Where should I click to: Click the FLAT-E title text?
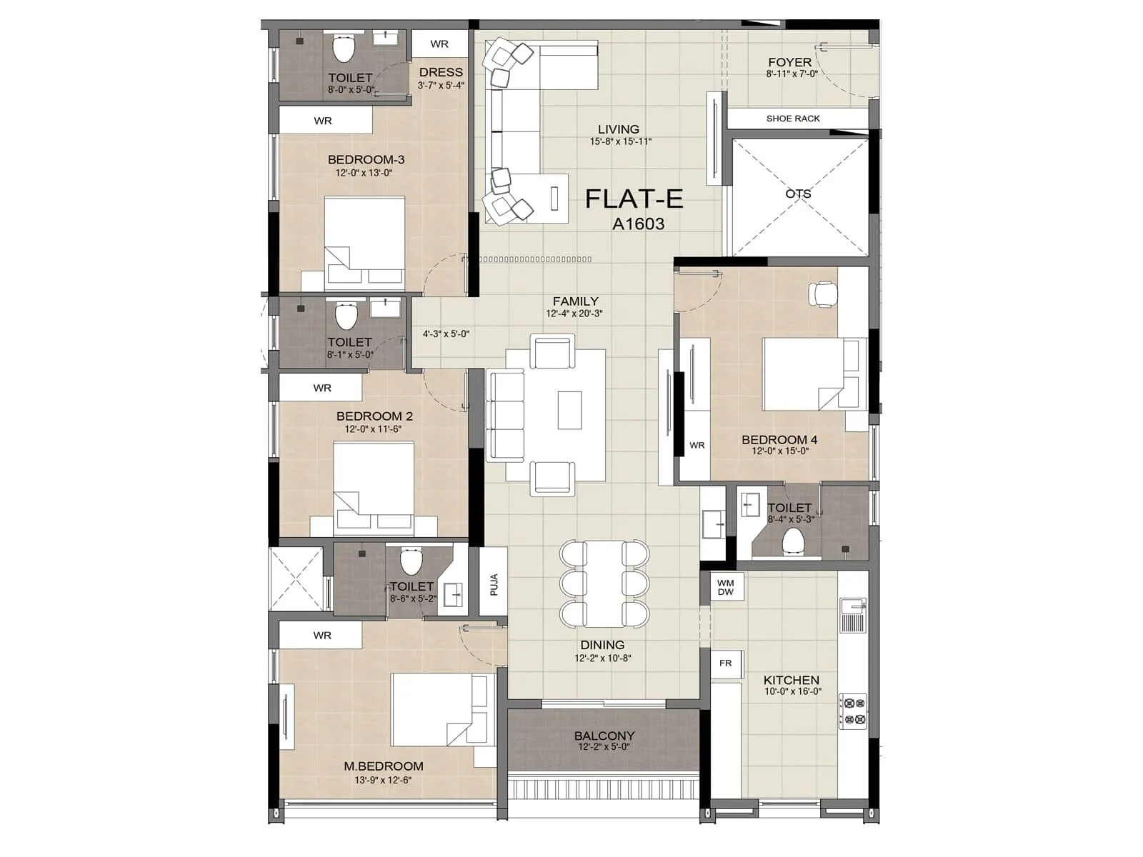tap(634, 199)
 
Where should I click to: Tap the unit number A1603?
tap(638, 224)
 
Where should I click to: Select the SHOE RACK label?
tap(793, 119)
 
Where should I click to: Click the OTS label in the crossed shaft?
tap(798, 194)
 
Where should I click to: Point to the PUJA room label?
tap(494, 585)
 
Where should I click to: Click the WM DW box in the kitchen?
tap(726, 587)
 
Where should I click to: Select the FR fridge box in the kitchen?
tap(726, 663)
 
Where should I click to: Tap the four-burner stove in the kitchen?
tap(852, 711)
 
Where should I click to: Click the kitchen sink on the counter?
tap(852, 616)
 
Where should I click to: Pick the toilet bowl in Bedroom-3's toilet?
tap(344, 49)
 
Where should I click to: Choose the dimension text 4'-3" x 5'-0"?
tap(446, 334)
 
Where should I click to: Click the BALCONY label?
tap(604, 736)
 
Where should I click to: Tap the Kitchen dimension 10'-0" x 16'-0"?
tap(792, 691)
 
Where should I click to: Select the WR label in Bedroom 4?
tap(697, 445)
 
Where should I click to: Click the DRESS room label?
tap(441, 72)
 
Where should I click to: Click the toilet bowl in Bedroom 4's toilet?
tap(793, 541)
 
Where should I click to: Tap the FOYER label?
tap(789, 62)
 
